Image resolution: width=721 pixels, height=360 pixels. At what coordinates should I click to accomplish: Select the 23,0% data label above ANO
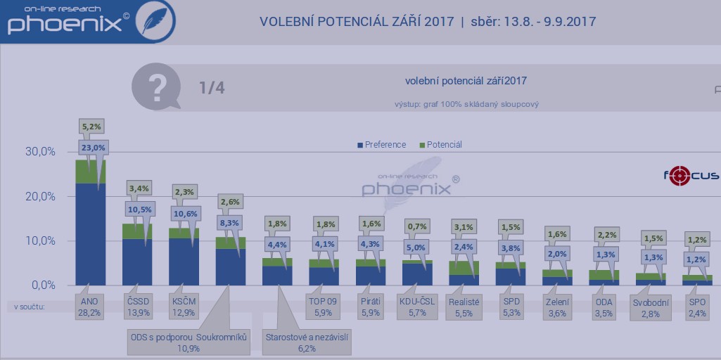click(x=93, y=148)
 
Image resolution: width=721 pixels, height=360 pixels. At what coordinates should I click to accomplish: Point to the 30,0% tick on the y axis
click(x=40, y=152)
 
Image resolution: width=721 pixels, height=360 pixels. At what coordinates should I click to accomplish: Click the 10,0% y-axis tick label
click(x=40, y=241)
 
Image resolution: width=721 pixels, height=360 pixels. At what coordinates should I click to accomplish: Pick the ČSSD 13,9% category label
click(x=137, y=307)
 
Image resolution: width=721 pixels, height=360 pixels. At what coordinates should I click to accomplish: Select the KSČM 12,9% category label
click(x=184, y=307)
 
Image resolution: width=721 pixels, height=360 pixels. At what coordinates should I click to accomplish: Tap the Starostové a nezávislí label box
click(x=307, y=342)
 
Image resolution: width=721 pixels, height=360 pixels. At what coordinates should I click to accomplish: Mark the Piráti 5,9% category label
click(x=370, y=307)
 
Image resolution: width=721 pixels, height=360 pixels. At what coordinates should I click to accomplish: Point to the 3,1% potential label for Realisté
click(x=464, y=227)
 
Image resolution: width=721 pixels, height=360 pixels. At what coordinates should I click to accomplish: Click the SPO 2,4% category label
click(x=698, y=307)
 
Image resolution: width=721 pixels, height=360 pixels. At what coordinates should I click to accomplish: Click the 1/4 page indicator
click(x=212, y=88)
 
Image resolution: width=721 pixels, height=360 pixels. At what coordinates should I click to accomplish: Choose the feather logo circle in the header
click(x=154, y=21)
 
